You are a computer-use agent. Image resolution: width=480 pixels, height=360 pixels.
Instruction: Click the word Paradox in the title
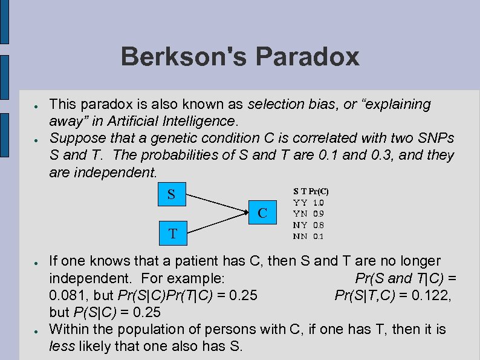click(308, 57)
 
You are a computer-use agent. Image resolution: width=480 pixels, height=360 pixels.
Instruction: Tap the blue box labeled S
click(172, 195)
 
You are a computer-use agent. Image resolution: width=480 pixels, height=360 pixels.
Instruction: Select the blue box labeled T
click(173, 233)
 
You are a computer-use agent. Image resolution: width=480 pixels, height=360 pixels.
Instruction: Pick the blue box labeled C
click(262, 213)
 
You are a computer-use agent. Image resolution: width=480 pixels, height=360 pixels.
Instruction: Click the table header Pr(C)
click(319, 191)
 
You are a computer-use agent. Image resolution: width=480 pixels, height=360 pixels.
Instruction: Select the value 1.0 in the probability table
click(318, 203)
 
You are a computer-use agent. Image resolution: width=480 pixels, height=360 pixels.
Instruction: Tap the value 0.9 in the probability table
click(318, 214)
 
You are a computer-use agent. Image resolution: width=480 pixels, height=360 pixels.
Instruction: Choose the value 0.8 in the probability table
click(318, 225)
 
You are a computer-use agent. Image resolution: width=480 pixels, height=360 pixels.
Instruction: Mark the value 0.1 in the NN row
click(318, 237)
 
